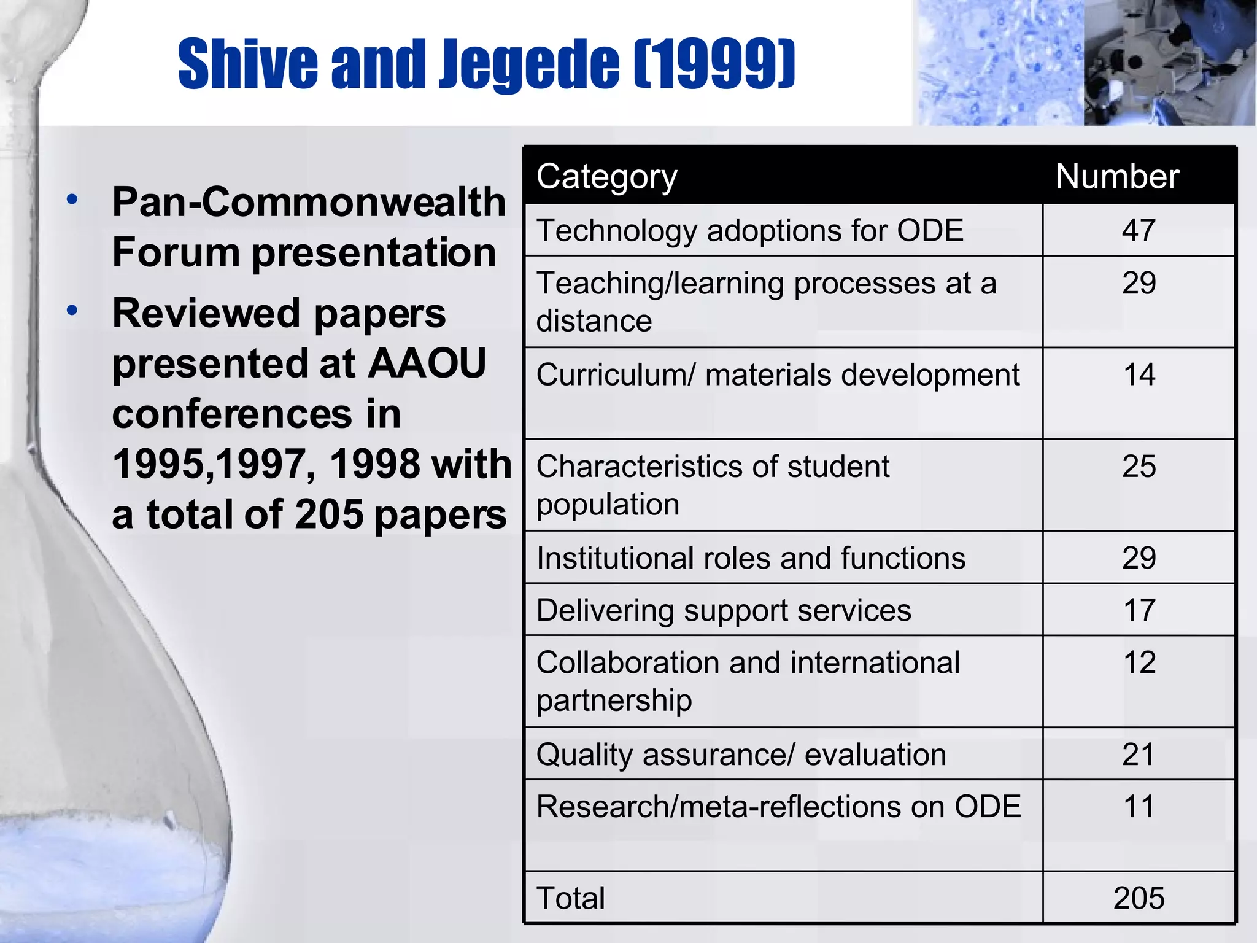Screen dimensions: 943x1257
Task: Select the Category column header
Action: click(x=606, y=177)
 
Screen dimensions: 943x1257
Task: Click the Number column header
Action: click(x=1117, y=177)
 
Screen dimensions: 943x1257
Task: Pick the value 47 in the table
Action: click(x=1139, y=231)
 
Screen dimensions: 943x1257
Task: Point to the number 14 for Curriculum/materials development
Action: click(x=1139, y=374)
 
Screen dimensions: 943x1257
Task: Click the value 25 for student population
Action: click(x=1139, y=467)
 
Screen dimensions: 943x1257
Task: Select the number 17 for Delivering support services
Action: click(x=1139, y=610)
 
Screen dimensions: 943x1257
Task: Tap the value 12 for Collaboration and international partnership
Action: click(x=1139, y=662)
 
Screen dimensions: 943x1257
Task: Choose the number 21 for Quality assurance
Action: click(x=1139, y=754)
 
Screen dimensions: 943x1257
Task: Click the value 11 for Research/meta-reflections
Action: click(x=1139, y=806)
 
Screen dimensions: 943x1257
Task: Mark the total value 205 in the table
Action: click(x=1139, y=898)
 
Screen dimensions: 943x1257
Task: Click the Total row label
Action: click(x=570, y=898)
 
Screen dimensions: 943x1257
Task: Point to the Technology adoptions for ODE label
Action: click(x=749, y=231)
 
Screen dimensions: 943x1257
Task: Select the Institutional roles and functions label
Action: click(x=751, y=559)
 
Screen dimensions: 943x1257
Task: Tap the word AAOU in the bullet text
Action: click(x=427, y=363)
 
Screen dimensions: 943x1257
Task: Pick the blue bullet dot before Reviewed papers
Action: click(x=72, y=311)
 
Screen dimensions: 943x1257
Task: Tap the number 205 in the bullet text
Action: click(x=330, y=514)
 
